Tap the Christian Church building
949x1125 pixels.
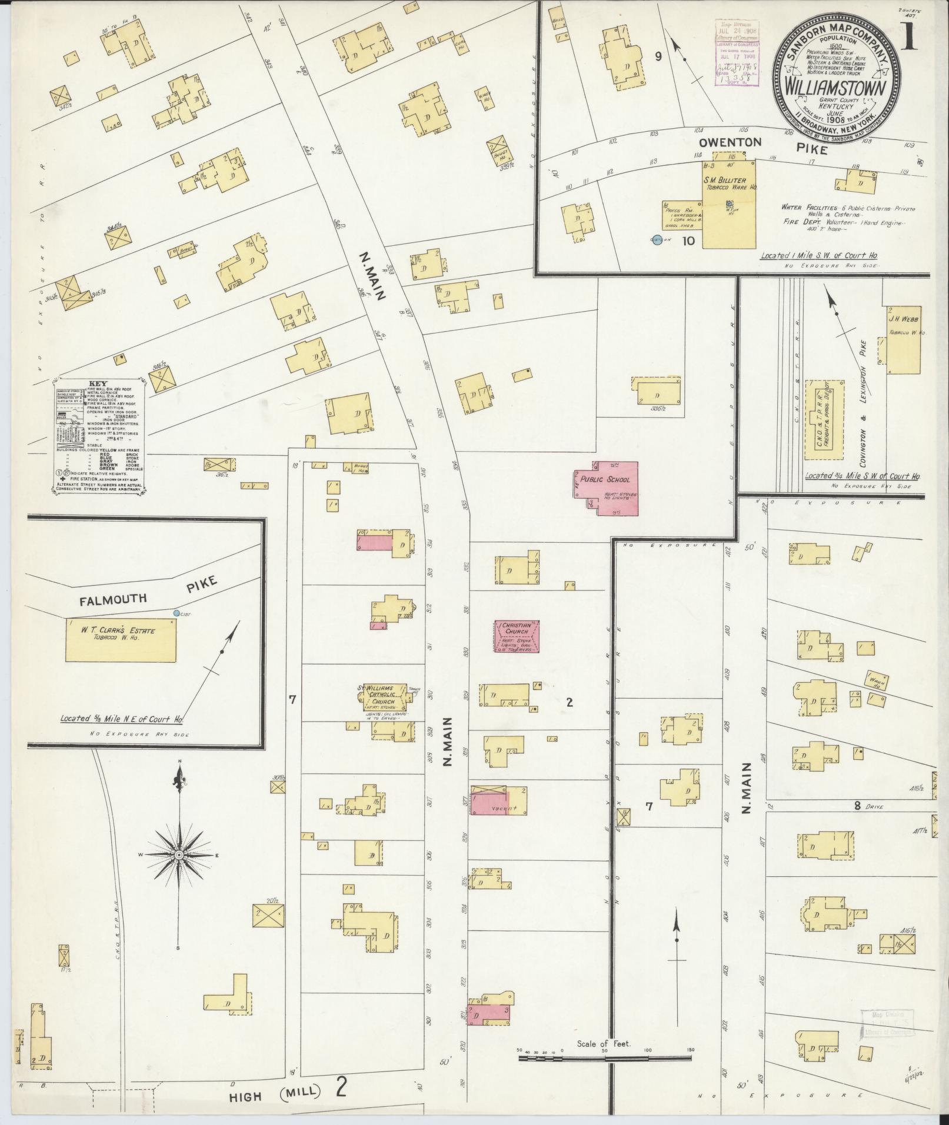pyautogui.click(x=516, y=636)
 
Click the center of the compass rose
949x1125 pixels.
pyautogui.click(x=178, y=854)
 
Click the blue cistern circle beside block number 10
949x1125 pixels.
pyautogui.click(x=657, y=240)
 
